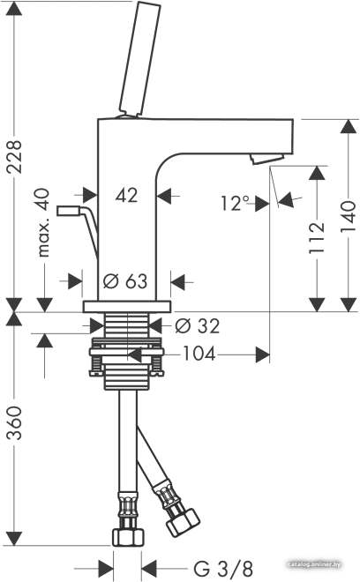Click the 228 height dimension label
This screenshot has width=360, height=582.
point(15,157)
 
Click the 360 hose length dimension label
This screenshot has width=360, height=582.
point(15,422)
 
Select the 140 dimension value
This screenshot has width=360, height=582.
point(349,216)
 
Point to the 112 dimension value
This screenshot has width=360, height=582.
point(317,238)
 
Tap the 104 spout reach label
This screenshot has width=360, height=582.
point(199,354)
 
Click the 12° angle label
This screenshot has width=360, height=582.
point(236,203)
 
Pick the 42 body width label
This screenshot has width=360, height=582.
point(126,195)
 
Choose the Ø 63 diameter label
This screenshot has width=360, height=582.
point(125,281)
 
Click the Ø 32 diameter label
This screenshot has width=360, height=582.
point(198,326)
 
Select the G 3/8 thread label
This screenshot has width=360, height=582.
point(223,568)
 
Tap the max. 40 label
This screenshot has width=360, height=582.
point(44,223)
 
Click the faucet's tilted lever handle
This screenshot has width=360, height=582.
point(139,58)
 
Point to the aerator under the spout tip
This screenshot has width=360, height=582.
point(267,159)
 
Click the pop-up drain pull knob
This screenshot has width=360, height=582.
point(68,211)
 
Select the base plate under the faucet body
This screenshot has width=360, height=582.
point(127,307)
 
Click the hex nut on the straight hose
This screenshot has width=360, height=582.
point(128,537)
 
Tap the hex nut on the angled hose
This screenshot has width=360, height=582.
point(184,523)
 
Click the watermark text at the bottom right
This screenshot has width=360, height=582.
point(315,564)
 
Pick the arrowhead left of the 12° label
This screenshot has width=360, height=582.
point(262,204)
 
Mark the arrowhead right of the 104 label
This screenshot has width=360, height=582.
point(263,354)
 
